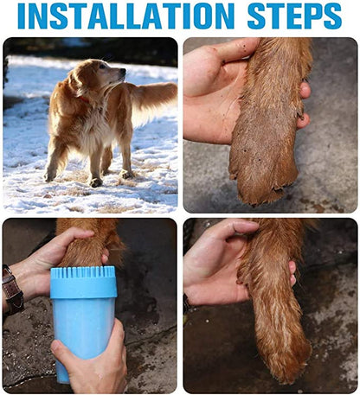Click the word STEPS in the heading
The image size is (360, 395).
point(293,16)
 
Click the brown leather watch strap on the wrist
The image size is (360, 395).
point(12,289)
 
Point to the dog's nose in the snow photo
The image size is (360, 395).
point(123,72)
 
